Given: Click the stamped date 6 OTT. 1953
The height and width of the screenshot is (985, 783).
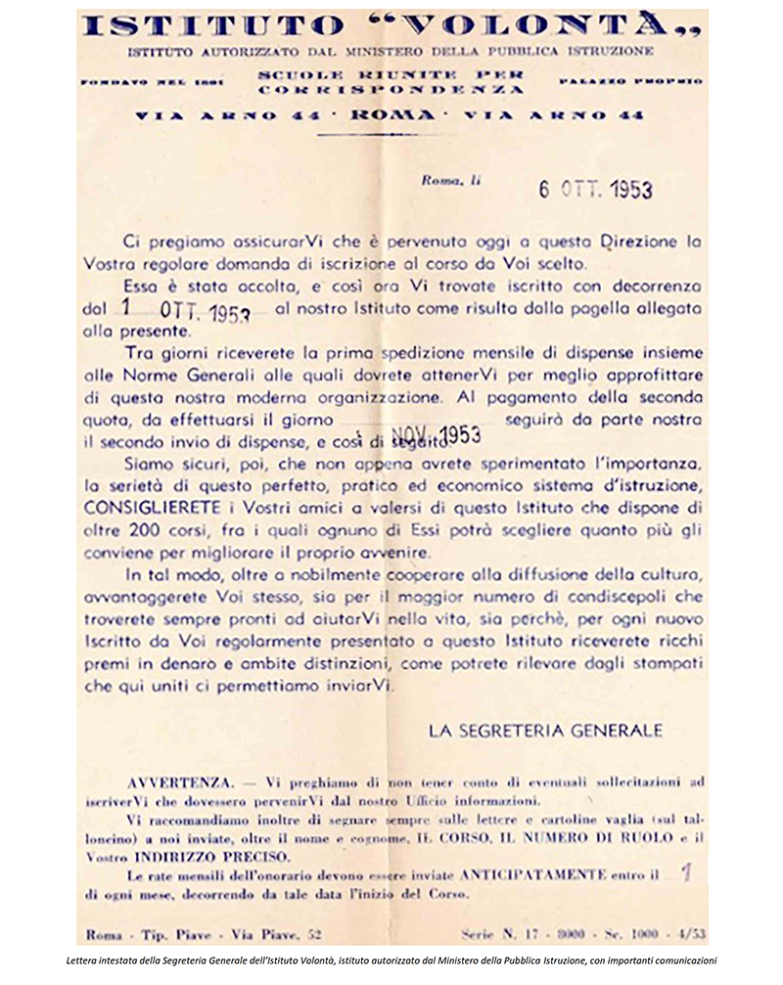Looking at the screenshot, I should coord(594,190).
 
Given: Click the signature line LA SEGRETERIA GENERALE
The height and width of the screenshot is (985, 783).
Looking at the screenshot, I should coord(546,730).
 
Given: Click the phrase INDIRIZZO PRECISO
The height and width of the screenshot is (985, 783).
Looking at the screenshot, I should coord(206,855).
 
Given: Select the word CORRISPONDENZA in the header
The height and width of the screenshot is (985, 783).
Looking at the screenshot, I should coord(392,89).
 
